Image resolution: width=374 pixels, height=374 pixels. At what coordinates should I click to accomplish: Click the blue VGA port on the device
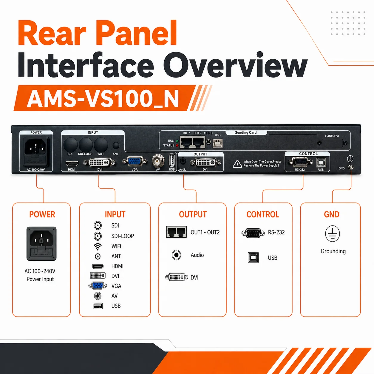coord(135,161)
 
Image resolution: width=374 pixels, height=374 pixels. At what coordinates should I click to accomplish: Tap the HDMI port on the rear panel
coord(72,163)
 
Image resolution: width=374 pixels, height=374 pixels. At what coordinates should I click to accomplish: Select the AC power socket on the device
coord(36,152)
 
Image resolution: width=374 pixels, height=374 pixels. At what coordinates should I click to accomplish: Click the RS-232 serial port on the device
coord(300,162)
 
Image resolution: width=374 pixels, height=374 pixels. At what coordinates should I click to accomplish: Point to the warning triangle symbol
coord(237,164)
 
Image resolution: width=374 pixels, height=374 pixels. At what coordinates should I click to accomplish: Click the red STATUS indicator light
coord(177,145)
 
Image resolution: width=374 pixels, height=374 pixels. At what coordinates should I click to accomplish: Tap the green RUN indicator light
coord(177,141)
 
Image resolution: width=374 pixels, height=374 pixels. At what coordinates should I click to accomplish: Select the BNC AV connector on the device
coord(158,161)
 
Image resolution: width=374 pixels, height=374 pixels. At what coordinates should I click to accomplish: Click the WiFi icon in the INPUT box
coord(98,247)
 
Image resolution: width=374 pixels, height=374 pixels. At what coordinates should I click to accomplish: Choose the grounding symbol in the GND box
coord(332,234)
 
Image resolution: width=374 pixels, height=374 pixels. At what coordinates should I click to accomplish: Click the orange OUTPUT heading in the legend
coord(193,214)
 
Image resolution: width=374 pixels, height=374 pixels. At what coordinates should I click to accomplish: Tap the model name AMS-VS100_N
coord(103,99)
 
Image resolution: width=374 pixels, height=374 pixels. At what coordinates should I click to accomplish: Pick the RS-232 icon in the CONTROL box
coord(253,233)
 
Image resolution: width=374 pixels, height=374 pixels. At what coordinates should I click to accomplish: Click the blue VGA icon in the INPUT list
coord(98,286)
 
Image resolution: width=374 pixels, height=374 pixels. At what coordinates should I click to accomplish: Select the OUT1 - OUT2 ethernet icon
coord(176,232)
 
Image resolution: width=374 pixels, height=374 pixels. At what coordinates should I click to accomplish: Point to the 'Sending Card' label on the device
coord(246,132)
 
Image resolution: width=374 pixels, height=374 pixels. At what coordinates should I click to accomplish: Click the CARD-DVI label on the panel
coord(332,136)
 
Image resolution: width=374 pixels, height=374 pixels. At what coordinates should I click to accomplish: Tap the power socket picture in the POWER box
coord(41,244)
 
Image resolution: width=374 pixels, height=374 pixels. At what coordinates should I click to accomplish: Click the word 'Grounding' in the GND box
coord(333,251)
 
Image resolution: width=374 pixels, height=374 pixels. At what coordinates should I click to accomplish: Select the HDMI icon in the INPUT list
coord(98,266)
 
